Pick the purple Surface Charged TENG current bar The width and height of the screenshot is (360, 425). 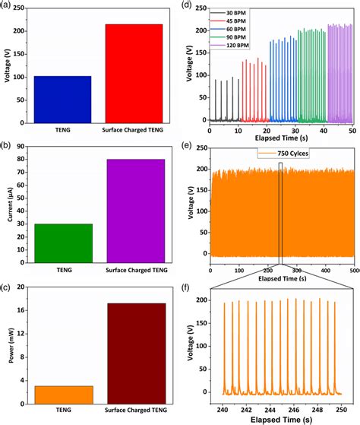133,209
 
